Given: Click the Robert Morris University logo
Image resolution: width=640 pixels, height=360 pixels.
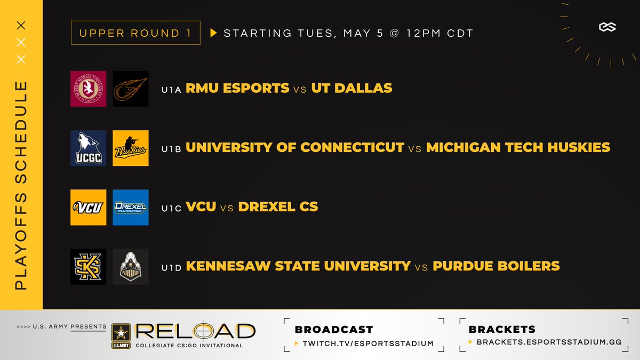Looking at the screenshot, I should click(88, 89).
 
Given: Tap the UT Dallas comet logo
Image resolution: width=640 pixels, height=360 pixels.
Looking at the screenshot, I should click(131, 89).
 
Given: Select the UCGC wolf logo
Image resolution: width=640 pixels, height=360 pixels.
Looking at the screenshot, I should click(88, 148).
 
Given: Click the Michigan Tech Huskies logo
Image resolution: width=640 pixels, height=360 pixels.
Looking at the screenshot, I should click(131, 148).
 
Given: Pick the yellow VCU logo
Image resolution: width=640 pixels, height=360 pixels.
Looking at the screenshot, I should click(88, 207).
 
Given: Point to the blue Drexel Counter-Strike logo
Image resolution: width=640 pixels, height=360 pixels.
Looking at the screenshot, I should click(131, 207).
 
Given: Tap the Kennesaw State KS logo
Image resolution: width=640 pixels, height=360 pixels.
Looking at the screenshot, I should click(88, 266).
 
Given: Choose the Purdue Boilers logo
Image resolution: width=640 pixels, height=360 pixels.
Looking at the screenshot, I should click(131, 266).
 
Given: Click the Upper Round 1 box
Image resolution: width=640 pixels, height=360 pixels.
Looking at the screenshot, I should click(135, 33).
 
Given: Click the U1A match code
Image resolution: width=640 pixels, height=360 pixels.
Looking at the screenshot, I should click(172, 90).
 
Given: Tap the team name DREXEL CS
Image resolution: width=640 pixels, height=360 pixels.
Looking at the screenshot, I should click(278, 206).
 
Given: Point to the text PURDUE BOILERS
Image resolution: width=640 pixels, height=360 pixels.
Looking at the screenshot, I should click(496, 266).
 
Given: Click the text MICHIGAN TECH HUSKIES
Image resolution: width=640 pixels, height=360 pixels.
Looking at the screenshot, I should click(518, 147).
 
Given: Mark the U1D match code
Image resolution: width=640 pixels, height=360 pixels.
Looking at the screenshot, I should click(172, 267).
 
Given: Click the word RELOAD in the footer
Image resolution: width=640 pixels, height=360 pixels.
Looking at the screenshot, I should click(195, 331).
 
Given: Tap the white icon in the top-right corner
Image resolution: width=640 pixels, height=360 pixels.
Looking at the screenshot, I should click(607, 27).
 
